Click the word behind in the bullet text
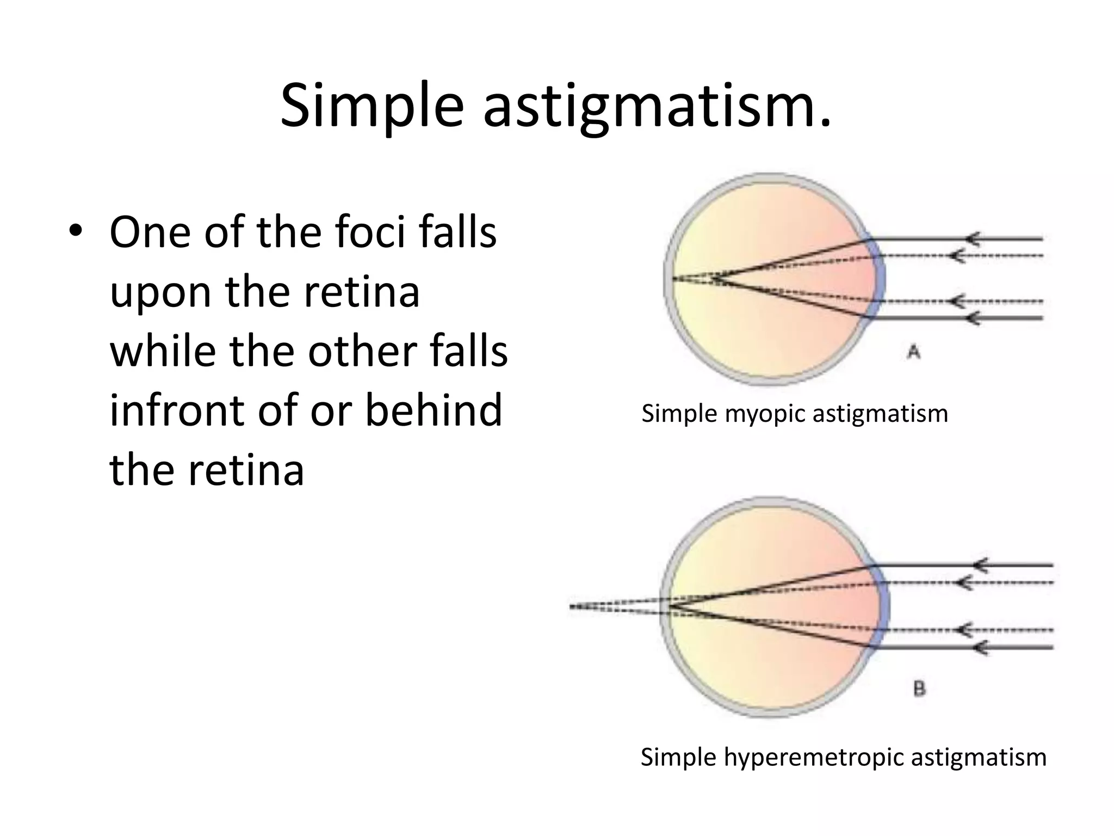(x=433, y=410)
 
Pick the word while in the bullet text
(x=163, y=351)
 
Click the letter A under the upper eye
(x=914, y=353)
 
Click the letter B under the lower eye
(x=919, y=690)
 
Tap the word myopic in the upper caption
(x=768, y=414)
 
